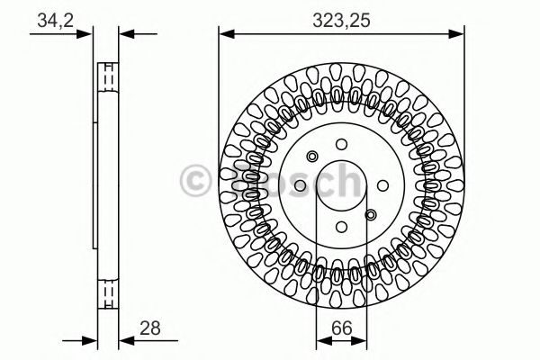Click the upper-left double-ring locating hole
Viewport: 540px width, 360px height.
[311, 154]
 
